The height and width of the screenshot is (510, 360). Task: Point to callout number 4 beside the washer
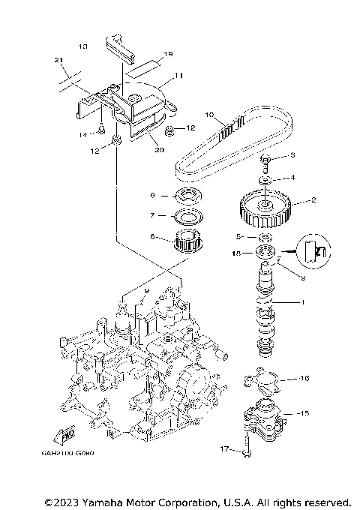pos(293,178)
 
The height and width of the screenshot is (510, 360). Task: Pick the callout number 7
pos(153,216)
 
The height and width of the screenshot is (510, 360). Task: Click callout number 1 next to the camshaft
pos(303,302)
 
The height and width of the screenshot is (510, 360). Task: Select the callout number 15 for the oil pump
pos(303,413)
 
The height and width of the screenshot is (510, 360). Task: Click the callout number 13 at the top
pos(82,46)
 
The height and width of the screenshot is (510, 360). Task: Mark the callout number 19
pos(168,54)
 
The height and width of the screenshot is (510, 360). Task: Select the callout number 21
pos(58,59)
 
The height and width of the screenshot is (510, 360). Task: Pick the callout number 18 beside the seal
pos(238,253)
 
